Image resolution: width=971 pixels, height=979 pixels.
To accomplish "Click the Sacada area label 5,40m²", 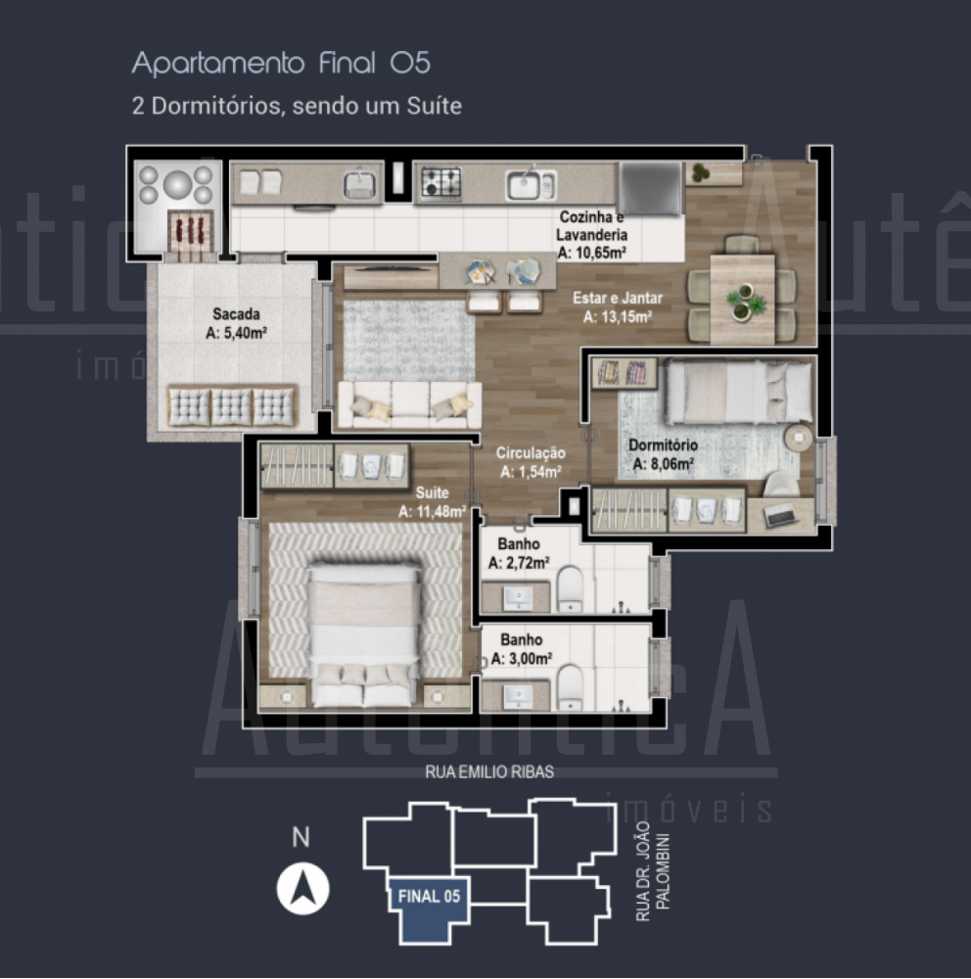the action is (236, 333).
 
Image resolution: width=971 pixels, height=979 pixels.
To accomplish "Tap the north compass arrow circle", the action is (302, 889).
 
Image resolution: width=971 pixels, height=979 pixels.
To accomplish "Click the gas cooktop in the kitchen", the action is (440, 183).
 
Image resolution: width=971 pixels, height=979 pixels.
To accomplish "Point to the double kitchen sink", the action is (531, 185).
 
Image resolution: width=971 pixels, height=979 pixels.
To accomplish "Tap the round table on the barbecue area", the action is (178, 184).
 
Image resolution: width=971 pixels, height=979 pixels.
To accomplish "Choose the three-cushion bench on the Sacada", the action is (232, 406).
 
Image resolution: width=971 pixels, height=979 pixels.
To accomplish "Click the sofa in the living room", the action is (409, 405).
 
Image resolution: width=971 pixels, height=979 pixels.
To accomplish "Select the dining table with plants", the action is (743, 299).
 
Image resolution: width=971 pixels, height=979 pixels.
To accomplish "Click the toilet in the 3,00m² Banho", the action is (570, 688).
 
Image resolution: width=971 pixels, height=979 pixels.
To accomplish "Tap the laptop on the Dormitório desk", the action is (779, 515).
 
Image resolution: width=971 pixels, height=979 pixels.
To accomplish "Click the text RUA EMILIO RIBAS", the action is (489, 772).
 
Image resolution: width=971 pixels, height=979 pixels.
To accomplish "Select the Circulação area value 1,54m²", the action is (531, 472).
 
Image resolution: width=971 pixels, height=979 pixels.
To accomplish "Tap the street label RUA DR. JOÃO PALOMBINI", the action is (652, 871).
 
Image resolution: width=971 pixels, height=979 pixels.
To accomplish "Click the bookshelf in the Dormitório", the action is (624, 373).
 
